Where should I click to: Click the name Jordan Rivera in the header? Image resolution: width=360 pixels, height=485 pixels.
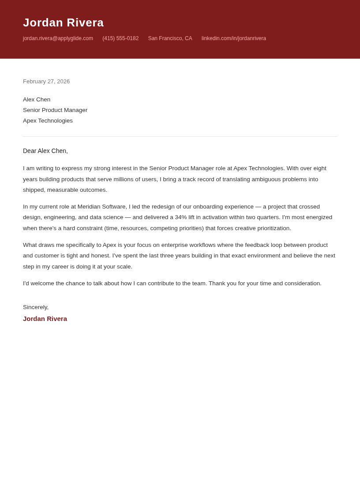[63, 22]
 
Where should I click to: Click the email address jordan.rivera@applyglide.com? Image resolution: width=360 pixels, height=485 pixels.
[58, 38]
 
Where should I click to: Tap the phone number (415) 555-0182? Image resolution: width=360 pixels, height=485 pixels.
[120, 38]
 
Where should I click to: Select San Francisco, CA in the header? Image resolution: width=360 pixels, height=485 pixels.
[170, 38]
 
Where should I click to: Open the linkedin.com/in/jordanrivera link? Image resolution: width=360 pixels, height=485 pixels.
[233, 38]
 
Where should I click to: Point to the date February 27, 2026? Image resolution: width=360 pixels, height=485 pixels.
[46, 82]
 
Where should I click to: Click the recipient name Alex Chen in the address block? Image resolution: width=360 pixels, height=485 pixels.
[37, 100]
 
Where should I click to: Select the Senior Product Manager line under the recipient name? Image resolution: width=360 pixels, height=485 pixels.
[55, 110]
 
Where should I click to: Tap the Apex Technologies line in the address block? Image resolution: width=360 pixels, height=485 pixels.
[48, 121]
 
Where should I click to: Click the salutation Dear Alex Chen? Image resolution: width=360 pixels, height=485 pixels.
[45, 151]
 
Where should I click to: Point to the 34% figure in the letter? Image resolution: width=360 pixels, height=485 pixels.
[181, 217]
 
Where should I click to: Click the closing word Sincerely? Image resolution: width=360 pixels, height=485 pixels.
[36, 307]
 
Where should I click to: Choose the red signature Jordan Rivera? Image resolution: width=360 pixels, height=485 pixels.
[45, 319]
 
